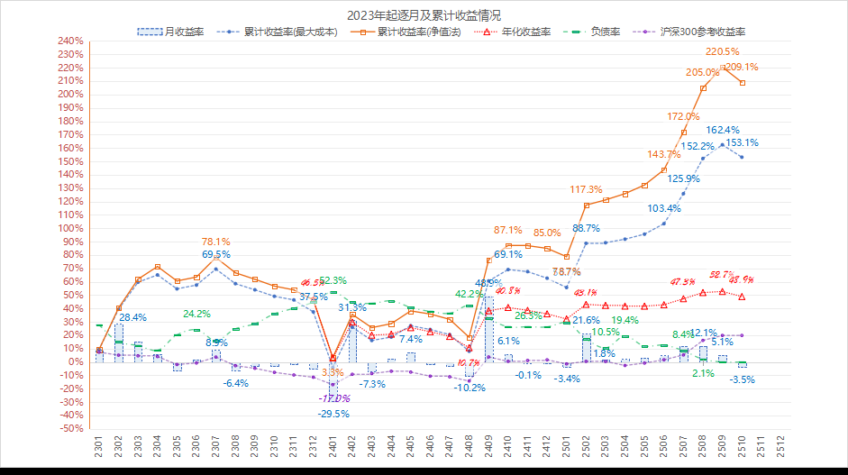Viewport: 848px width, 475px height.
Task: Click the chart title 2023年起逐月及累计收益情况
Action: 424,15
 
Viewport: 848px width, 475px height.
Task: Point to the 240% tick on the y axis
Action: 70,41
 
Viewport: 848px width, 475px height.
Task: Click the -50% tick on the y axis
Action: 71,429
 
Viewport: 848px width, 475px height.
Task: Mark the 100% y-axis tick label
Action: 70,228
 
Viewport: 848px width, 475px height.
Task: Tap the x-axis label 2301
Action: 99,448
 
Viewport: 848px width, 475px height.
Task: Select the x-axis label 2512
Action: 780,448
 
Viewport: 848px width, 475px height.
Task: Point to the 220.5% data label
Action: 722,51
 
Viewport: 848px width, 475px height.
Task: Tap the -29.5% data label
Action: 333,413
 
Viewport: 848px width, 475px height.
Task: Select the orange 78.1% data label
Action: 215,242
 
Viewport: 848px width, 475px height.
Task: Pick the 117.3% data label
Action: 586,189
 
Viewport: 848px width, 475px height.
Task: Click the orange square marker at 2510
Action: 742,83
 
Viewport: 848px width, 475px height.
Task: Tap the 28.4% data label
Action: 132,317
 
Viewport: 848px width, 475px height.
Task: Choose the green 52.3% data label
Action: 333,280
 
